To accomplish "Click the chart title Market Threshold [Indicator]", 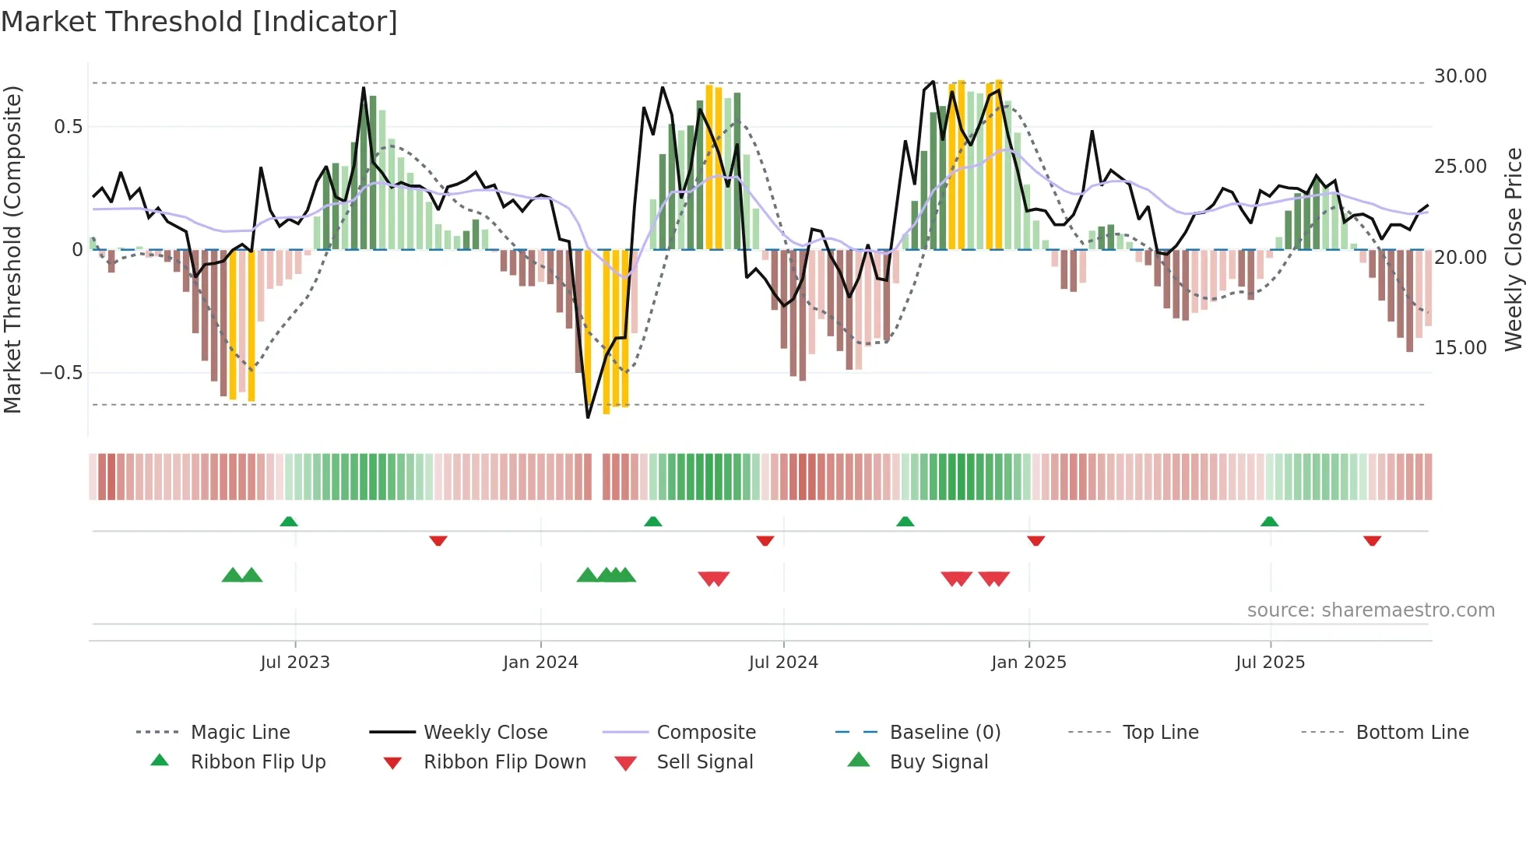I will click(199, 22).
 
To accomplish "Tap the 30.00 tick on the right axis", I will click(1460, 76).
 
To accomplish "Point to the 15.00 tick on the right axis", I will click(1460, 347).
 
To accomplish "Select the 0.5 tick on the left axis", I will click(68, 127).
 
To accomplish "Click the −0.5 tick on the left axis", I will click(62, 373).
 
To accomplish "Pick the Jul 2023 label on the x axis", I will click(295, 663).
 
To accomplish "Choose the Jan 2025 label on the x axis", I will click(1028, 663).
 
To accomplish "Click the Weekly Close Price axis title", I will click(1512, 249).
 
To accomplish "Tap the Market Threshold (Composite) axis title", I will click(12, 249).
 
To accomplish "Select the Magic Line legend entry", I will click(240, 733).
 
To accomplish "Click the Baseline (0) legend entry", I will click(944, 733).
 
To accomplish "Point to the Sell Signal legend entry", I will click(705, 762).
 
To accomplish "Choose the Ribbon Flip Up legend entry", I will click(258, 762).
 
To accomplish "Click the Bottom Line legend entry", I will click(1412, 733).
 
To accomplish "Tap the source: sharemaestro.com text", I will click(1370, 610).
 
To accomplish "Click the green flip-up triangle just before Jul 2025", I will click(1269, 522).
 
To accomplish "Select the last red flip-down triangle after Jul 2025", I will click(1372, 540).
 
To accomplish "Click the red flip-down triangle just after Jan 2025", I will click(1035, 540).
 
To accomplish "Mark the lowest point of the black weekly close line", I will click(588, 417).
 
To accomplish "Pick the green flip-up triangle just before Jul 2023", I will click(289, 522).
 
